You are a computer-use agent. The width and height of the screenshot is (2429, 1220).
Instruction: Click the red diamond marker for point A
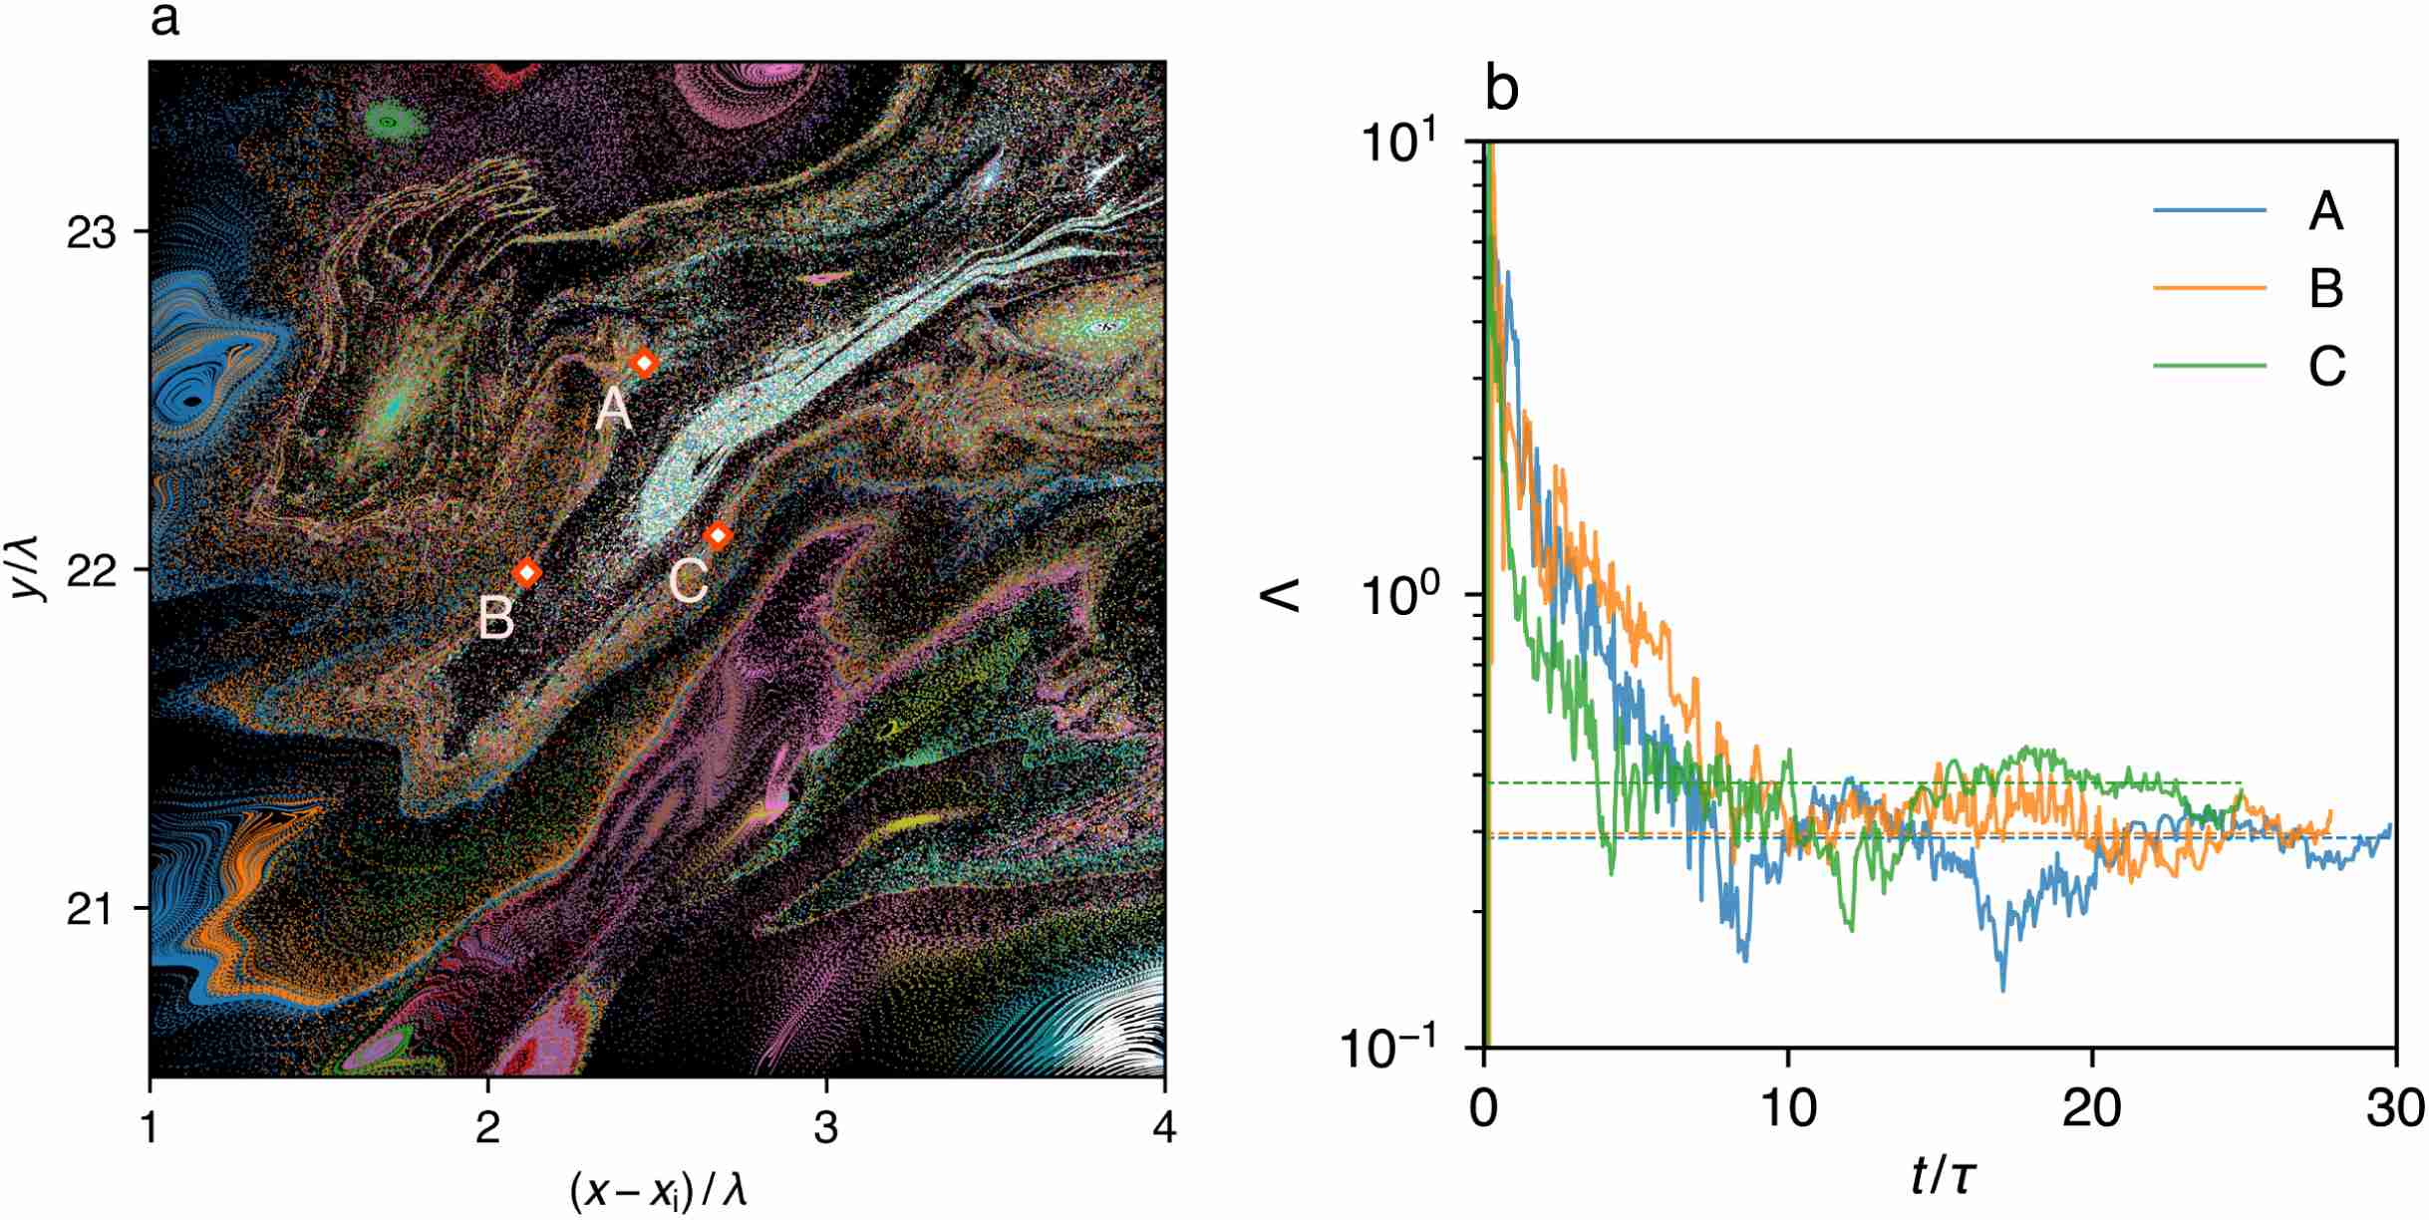pyautogui.click(x=644, y=363)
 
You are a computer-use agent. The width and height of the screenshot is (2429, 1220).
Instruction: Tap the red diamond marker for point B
pyautogui.click(x=527, y=572)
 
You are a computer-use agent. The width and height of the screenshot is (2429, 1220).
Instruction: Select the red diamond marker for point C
pyautogui.click(x=718, y=536)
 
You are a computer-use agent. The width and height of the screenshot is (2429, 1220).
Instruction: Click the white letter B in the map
pyautogui.click(x=496, y=618)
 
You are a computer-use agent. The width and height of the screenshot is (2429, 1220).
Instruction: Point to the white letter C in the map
pyautogui.click(x=688, y=581)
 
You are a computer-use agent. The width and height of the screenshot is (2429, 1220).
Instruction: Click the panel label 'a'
pyautogui.click(x=164, y=20)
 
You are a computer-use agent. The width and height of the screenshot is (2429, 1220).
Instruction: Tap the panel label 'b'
pyautogui.click(x=1501, y=90)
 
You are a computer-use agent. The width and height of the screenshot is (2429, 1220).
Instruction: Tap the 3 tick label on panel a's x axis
pyautogui.click(x=825, y=1128)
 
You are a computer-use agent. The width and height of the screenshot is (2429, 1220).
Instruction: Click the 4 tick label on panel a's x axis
pyautogui.click(x=1163, y=1128)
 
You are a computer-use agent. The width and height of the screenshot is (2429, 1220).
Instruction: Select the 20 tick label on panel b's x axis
pyautogui.click(x=2090, y=1108)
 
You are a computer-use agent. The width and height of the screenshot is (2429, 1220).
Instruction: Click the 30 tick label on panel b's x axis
pyautogui.click(x=2394, y=1108)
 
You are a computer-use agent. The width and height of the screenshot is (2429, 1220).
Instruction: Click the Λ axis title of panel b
pyautogui.click(x=1283, y=596)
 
